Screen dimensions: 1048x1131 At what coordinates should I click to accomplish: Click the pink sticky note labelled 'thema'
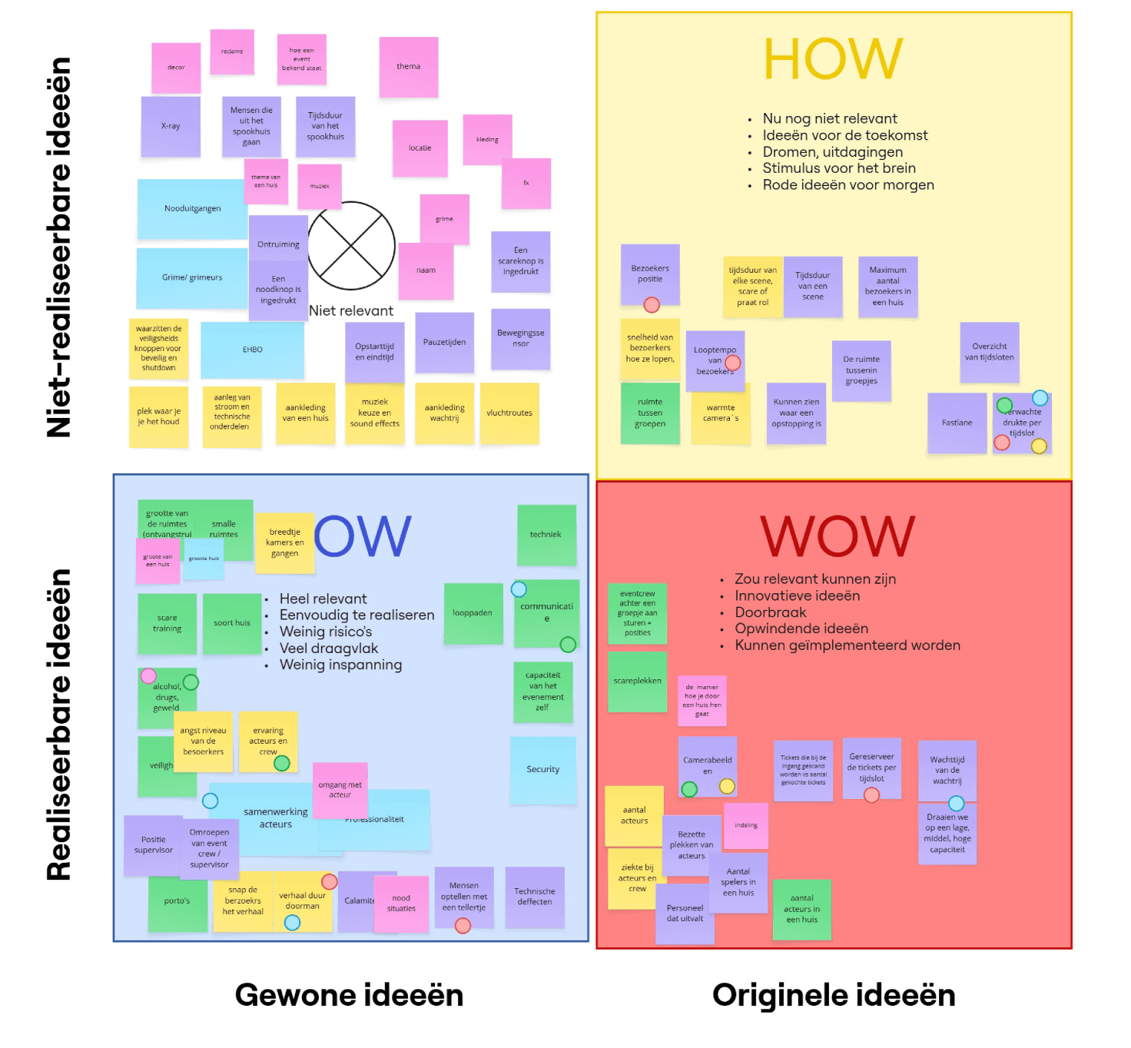point(408,67)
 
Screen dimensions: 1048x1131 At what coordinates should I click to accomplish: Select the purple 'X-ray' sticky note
point(171,126)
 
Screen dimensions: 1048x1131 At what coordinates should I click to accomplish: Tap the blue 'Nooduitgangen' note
point(191,208)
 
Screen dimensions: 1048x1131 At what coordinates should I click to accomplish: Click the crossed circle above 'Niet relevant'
point(351,246)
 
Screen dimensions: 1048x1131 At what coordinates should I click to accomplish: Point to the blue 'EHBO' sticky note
point(252,350)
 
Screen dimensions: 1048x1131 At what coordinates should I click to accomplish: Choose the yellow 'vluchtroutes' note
point(509,413)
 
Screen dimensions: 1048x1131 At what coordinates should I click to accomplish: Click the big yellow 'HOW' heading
point(833,59)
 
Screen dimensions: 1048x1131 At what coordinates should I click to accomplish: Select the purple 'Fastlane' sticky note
point(957,423)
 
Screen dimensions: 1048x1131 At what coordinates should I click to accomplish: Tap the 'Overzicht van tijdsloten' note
point(989,352)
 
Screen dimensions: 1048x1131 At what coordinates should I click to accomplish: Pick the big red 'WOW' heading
point(837,536)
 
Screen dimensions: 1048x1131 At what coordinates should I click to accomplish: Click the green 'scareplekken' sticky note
point(637,681)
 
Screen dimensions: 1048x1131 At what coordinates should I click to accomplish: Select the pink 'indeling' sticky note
point(745,825)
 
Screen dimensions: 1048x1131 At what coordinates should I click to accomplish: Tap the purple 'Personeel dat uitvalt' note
point(685,914)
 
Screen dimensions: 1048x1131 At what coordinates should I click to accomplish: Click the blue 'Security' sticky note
point(542,769)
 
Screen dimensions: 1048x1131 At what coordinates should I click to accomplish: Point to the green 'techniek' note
point(546,535)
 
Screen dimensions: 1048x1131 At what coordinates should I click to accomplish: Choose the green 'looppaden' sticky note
point(472,613)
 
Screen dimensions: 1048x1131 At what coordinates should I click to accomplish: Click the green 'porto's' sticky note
point(177,901)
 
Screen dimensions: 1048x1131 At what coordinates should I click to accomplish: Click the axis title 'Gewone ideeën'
point(349,995)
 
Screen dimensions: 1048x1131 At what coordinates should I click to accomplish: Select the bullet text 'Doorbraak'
point(770,612)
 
